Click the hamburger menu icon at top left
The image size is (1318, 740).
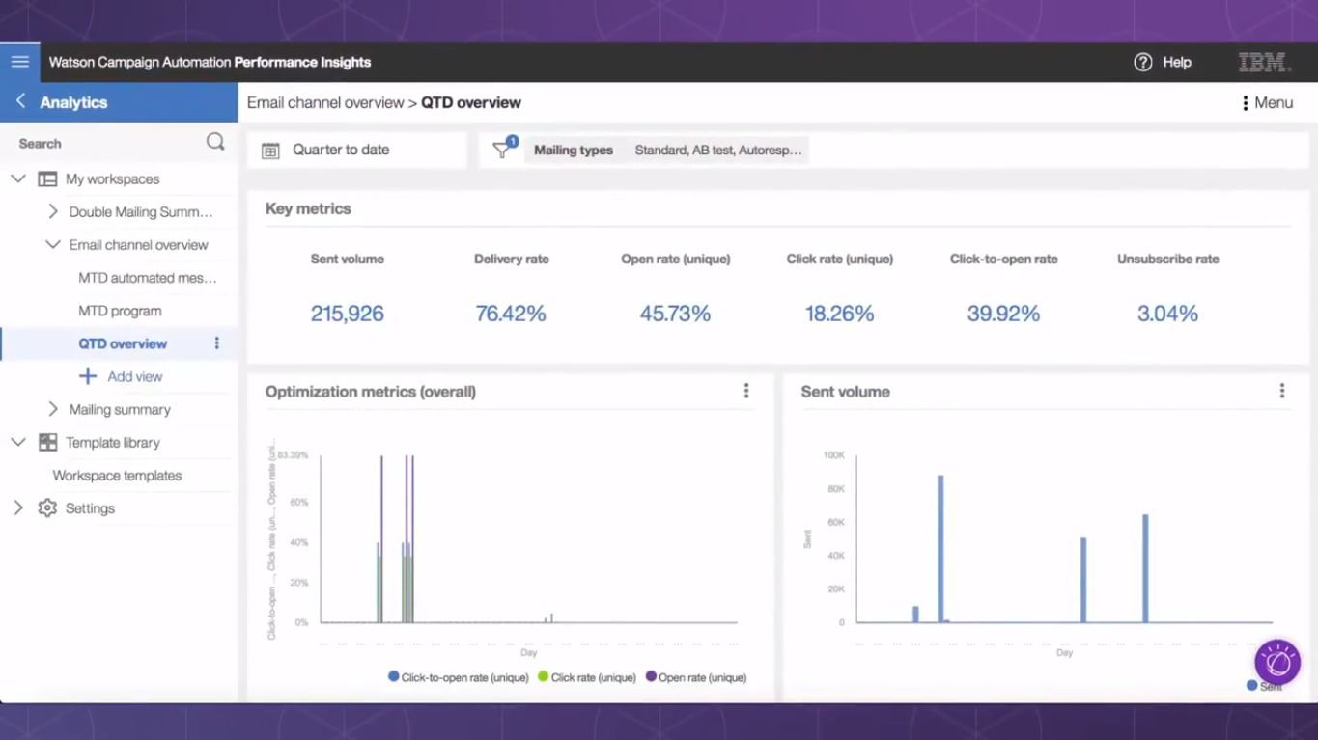point(19,62)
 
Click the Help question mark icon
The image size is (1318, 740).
point(1143,62)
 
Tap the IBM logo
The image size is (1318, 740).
point(1264,63)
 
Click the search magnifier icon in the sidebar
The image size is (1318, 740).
point(215,143)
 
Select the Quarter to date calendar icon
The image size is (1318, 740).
point(270,151)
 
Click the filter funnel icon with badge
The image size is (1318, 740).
point(502,150)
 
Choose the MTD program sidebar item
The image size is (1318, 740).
point(120,311)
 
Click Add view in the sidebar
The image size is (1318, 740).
point(134,376)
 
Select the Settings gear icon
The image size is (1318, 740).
point(47,508)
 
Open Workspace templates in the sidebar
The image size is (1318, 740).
point(117,476)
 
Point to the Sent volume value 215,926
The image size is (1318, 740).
point(347,314)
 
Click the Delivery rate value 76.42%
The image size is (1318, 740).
point(511,314)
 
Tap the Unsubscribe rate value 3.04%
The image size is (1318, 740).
point(1167,314)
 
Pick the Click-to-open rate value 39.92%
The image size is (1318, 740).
point(1003,314)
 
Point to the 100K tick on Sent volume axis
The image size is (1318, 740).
point(833,455)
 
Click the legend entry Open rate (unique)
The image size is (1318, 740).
point(696,677)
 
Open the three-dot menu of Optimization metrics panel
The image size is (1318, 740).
point(746,391)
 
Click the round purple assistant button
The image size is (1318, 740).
point(1276,663)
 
